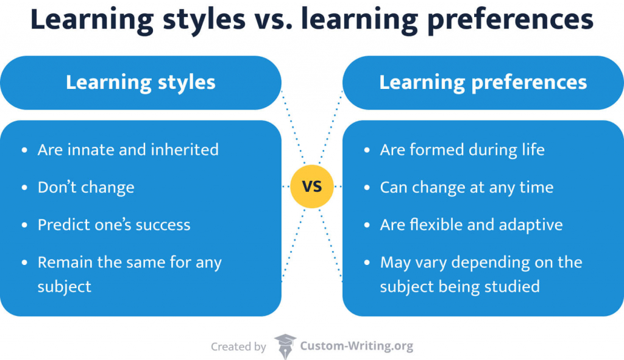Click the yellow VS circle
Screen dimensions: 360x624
click(x=311, y=186)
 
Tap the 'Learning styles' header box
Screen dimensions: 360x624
click(x=141, y=83)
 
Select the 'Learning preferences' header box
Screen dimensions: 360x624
click(x=483, y=83)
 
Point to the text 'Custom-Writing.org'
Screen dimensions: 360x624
click(x=356, y=346)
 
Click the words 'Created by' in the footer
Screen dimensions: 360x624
click(x=238, y=347)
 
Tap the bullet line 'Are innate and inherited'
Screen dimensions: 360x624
click(x=128, y=150)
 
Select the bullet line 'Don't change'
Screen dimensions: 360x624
click(x=86, y=187)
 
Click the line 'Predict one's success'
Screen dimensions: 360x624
click(x=114, y=225)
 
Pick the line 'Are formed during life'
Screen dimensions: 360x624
click(x=462, y=150)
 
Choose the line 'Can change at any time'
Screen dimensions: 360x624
click(x=467, y=187)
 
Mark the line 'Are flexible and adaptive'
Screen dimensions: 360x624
click(x=471, y=225)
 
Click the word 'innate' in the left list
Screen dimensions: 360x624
click(x=83, y=150)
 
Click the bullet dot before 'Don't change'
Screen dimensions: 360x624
click(x=24, y=188)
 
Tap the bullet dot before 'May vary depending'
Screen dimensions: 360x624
click(x=367, y=263)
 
